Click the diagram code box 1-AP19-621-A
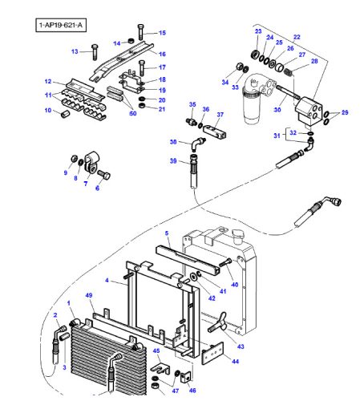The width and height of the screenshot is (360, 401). [x=61, y=25]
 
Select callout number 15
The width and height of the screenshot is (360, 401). [x=162, y=33]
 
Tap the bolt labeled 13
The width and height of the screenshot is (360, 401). [x=95, y=52]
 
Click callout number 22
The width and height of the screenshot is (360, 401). [x=297, y=37]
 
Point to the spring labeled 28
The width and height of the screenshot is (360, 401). [x=288, y=71]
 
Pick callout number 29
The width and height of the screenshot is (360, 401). [x=345, y=112]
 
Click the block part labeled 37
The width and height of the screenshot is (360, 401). [x=215, y=132]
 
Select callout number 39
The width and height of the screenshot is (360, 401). [x=173, y=161]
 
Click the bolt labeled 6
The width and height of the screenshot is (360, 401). [x=104, y=174]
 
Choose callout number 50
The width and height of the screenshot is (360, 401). [x=133, y=113]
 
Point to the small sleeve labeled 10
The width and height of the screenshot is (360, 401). [x=65, y=115]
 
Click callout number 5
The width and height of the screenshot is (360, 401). [x=167, y=233]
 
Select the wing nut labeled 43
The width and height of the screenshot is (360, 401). [x=218, y=322]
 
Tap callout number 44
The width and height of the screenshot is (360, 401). [x=235, y=362]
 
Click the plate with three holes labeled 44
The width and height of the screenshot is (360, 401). [x=212, y=353]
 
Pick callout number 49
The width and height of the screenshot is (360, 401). [x=89, y=295]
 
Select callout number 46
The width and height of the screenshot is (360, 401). [x=192, y=391]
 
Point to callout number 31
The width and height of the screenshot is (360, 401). [x=277, y=136]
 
